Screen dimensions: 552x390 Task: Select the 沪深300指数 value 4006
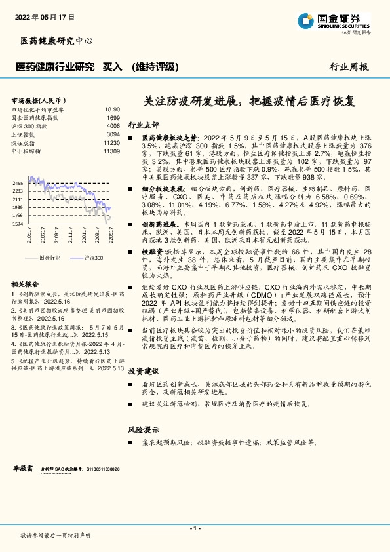tap(113, 125)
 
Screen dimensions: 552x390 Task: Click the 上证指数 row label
tap(25, 134)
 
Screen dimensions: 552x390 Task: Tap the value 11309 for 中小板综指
tap(111, 151)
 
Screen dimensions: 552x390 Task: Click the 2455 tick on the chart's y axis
tap(18, 183)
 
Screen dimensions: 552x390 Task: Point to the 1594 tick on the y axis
tap(18, 223)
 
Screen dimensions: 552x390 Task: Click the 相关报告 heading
tap(27, 284)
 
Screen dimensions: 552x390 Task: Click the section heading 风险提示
tap(143, 430)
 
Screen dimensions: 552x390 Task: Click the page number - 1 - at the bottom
tap(195, 528)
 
